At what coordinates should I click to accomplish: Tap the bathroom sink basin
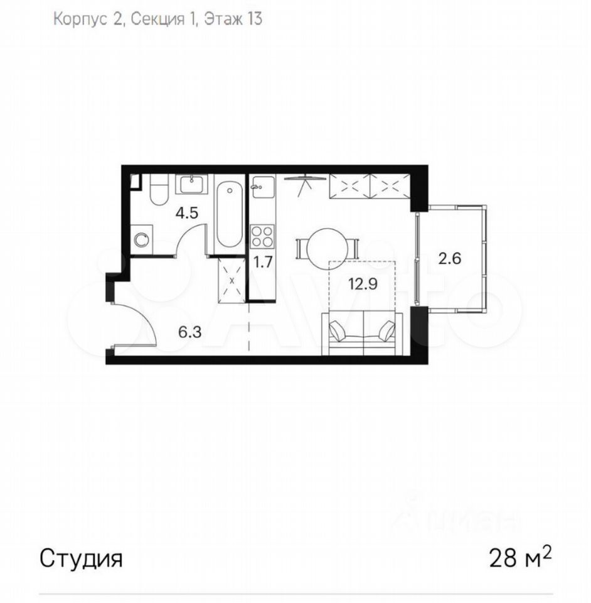(191, 184)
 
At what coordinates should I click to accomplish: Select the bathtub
(229, 215)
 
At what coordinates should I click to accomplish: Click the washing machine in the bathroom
(141, 239)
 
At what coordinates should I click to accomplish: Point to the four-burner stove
(262, 237)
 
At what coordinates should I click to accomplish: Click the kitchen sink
(263, 186)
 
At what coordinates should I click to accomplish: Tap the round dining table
(327, 249)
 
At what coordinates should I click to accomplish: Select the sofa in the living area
(362, 334)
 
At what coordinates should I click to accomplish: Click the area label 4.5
(186, 213)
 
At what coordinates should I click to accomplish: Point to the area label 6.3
(189, 332)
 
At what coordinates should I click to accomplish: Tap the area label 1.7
(263, 263)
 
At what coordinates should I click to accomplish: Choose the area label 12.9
(363, 284)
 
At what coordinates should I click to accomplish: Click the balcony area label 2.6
(450, 258)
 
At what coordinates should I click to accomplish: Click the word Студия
(81, 559)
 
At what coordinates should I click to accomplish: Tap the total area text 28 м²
(520, 558)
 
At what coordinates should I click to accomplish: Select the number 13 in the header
(253, 19)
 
